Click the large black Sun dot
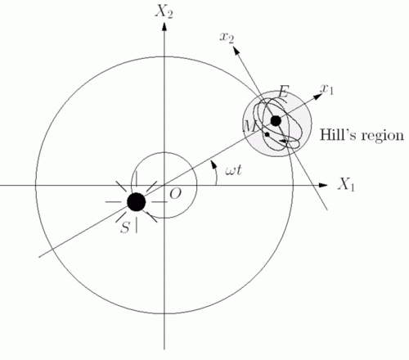point(137,202)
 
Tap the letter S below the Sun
point(125,227)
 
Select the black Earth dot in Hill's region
point(276,121)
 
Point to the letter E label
point(283,92)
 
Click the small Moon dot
point(267,134)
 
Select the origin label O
point(175,194)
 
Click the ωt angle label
point(233,171)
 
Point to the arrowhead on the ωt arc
point(213,164)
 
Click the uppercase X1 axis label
point(346,184)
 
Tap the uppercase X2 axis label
point(164,11)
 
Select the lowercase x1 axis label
point(326,89)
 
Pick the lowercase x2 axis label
point(227,38)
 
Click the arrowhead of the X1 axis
point(323,185)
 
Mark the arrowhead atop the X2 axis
point(164,26)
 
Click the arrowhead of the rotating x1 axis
point(318,97)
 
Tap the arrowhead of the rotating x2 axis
point(236,50)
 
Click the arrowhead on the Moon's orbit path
point(283,141)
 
